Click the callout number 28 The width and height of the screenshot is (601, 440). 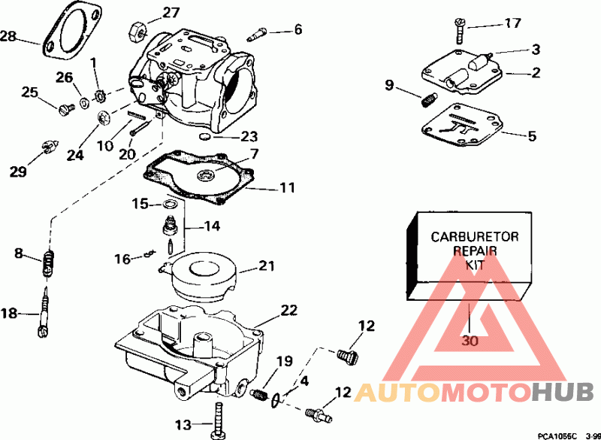point(8,37)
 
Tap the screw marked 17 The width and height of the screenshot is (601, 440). point(460,30)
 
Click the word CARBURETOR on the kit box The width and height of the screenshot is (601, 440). point(475,237)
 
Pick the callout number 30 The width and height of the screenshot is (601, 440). point(470,340)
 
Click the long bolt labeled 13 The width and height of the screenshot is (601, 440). point(218,420)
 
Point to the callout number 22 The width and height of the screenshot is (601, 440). point(288,311)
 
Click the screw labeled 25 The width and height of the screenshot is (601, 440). point(66,109)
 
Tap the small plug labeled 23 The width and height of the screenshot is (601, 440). point(205,137)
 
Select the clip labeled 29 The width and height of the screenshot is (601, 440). point(50,147)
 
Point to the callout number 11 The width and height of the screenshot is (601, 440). point(288,188)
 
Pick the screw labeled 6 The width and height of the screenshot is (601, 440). point(257,34)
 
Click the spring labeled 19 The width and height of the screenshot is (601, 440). point(259,395)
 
